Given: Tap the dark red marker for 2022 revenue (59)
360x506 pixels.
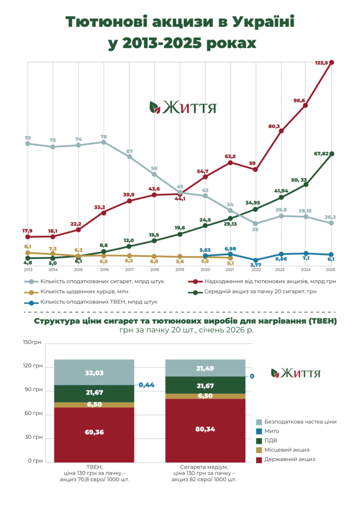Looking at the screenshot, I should click(x=255, y=169).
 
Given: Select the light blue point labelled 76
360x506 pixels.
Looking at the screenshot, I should click(x=104, y=142).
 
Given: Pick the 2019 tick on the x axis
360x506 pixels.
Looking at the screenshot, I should click(x=180, y=270).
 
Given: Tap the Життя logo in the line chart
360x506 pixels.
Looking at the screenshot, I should click(x=183, y=107).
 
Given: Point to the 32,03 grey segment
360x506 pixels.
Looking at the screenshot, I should click(x=94, y=373).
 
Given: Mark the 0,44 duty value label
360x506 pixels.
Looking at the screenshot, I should click(x=147, y=385).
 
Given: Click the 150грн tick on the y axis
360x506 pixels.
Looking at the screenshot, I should click(x=33, y=342).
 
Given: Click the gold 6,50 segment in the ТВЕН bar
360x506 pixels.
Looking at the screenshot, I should click(x=94, y=404).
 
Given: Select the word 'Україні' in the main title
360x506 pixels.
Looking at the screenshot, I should click(x=258, y=23).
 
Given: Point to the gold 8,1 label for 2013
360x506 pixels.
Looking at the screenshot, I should click(x=28, y=246).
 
